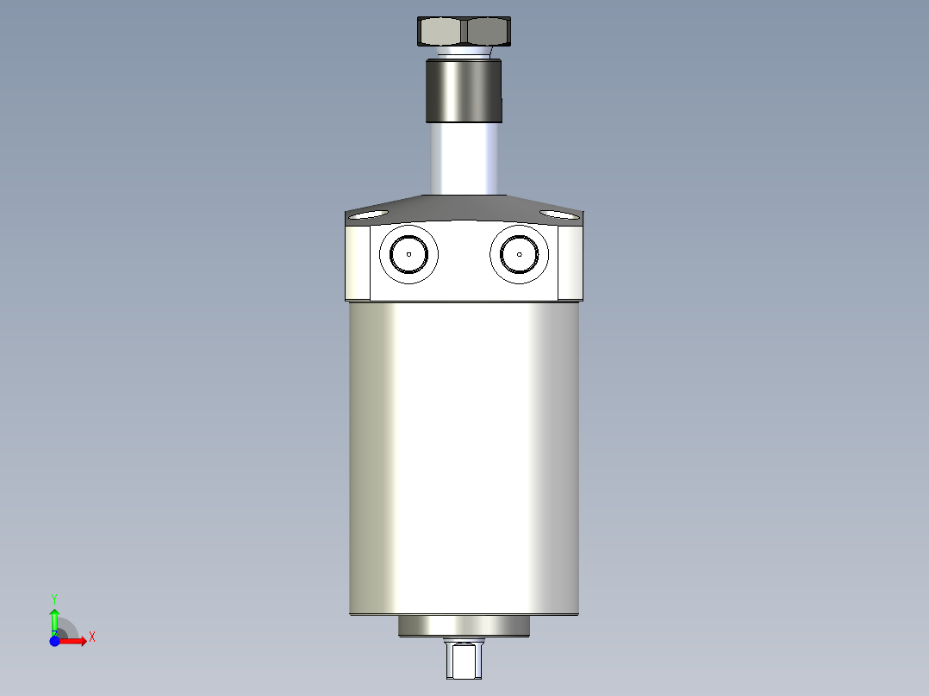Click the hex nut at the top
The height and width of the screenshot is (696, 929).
point(464,32)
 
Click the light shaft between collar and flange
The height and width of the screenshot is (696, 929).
point(464,159)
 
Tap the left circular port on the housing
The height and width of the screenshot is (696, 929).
point(408,253)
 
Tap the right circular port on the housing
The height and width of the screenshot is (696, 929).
point(520,253)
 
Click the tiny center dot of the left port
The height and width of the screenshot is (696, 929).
point(408,254)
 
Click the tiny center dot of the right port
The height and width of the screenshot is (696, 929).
point(520,254)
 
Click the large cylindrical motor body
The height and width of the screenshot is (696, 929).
point(464,457)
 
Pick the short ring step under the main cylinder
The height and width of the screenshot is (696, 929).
point(464,626)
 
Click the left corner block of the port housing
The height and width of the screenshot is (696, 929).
point(358,262)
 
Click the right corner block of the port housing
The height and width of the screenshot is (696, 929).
point(570,262)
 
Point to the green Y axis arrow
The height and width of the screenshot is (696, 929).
point(54,618)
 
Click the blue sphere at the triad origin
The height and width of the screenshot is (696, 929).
point(54,641)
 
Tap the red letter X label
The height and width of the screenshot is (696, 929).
point(91,637)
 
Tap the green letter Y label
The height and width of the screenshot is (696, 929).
point(54,598)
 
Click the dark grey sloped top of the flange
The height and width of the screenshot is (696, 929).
point(464,208)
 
